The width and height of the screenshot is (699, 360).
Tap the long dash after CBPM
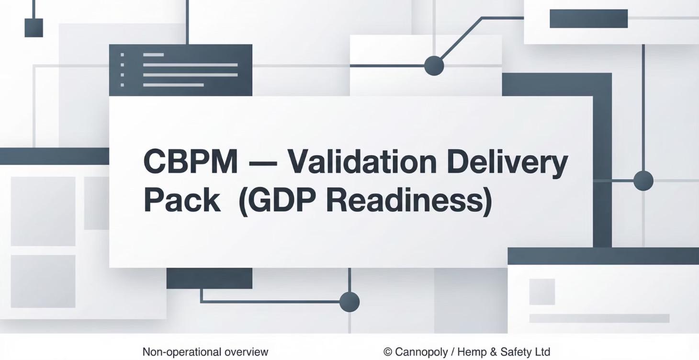coord(262,163)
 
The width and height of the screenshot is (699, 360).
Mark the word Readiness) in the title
coord(409,201)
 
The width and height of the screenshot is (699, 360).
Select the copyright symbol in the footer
coord(388,352)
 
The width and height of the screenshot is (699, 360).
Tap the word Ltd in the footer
coord(542,352)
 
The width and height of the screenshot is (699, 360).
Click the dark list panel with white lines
coord(180,70)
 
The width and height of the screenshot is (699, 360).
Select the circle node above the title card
coord(434,66)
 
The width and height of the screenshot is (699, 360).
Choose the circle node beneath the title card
coord(349,302)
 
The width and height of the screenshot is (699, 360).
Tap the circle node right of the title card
coord(643,181)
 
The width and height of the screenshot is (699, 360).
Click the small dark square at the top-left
coord(34,28)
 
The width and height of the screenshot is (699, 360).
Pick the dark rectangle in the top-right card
coord(588,19)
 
